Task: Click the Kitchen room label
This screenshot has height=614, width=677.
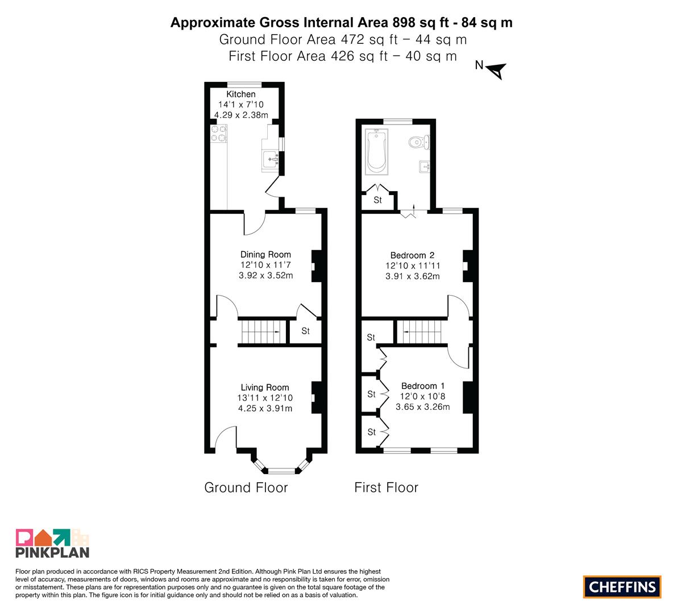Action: pos(241,94)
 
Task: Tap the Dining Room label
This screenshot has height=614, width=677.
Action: pos(265,254)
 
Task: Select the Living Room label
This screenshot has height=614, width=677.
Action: pos(265,387)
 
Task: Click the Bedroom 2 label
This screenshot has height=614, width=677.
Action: pos(412,255)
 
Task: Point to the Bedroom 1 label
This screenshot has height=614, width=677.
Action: pos(423,385)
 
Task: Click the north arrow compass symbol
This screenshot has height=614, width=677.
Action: pos(496,70)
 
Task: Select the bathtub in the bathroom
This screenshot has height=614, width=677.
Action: pos(376,152)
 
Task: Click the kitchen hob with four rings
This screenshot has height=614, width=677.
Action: pos(218,134)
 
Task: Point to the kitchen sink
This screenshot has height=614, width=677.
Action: pos(271,159)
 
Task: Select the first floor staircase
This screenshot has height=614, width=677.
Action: pos(422,331)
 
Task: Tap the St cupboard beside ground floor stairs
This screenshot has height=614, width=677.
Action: pos(306,331)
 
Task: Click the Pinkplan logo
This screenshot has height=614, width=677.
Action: pos(52,543)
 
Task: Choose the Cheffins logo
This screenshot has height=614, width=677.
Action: pos(622,587)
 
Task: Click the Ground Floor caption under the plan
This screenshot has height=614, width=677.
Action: pos(246,487)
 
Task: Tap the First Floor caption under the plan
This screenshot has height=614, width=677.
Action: pos(387,487)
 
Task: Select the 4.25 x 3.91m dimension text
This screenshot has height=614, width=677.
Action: pos(265,408)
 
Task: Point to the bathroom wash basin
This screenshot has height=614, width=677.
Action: pos(424,167)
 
